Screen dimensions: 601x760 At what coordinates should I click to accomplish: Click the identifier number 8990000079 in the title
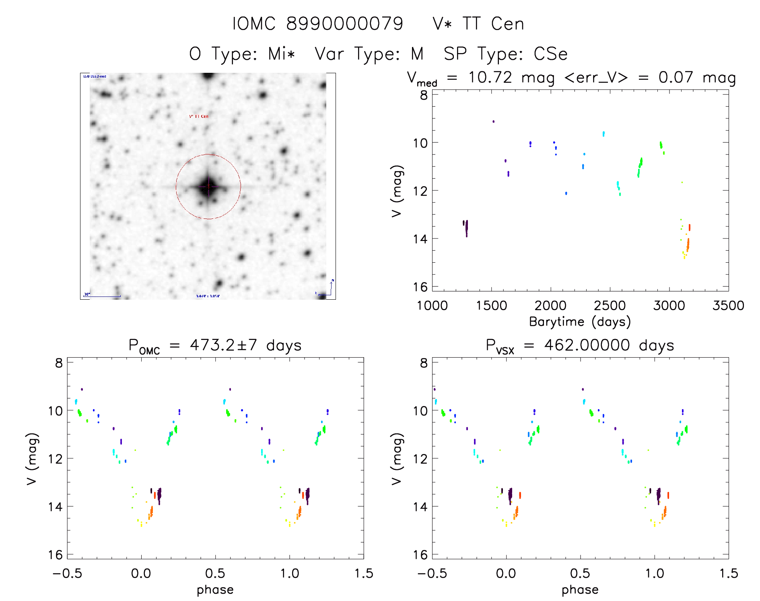tap(344, 24)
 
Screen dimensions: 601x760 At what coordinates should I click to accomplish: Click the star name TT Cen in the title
tap(493, 24)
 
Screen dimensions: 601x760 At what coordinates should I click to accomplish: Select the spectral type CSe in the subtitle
tap(550, 54)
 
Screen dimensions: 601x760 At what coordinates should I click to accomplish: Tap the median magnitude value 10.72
tap(490, 77)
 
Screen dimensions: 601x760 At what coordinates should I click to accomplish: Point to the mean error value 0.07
tap(676, 77)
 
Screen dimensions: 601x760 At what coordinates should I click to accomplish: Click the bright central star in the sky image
tap(208, 186)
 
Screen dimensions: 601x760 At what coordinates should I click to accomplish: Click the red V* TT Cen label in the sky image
tap(199, 116)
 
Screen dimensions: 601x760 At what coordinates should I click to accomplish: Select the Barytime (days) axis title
tap(580, 322)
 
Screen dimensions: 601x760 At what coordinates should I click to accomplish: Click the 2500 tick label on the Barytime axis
tap(610, 306)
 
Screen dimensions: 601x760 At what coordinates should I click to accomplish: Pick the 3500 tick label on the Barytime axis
tap(728, 306)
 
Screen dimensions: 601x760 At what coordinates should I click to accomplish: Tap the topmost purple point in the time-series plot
tap(493, 121)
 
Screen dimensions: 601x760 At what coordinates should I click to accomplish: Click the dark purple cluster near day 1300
tap(466, 227)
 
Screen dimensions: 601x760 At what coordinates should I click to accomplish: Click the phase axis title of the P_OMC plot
tap(215, 590)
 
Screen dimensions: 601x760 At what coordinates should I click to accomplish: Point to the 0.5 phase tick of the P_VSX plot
tap(580, 574)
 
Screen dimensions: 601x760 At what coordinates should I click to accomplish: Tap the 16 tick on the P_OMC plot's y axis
tap(56, 555)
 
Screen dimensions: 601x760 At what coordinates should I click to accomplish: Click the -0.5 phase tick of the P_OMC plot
tap(67, 574)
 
